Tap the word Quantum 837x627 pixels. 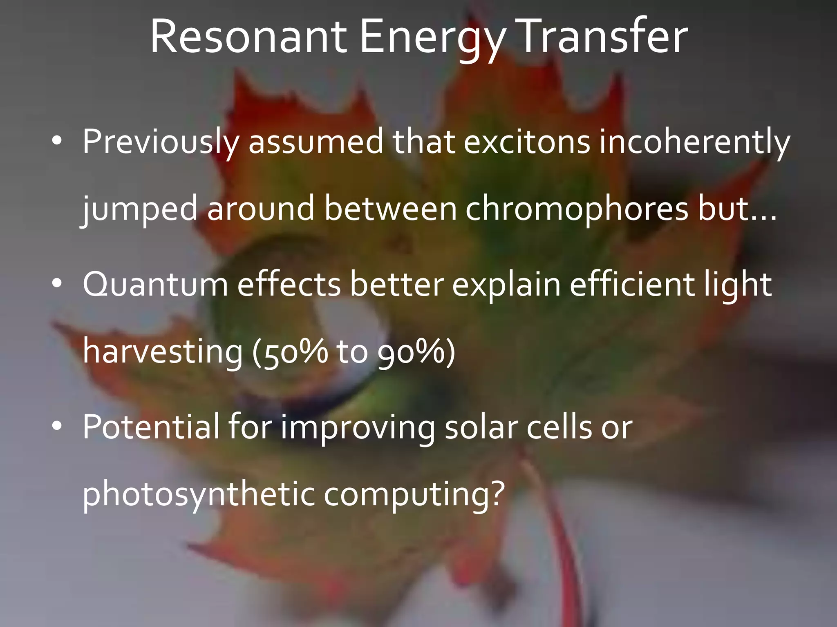155,285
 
